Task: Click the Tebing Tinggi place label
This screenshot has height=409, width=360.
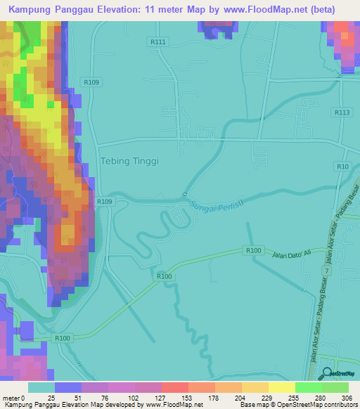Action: tap(131, 161)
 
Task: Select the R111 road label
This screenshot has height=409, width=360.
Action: tap(157, 42)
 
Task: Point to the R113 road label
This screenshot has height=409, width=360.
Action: tap(342, 112)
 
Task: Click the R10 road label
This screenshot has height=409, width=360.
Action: tap(342, 166)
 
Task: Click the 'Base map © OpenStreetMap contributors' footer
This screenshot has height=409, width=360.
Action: tap(299, 405)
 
